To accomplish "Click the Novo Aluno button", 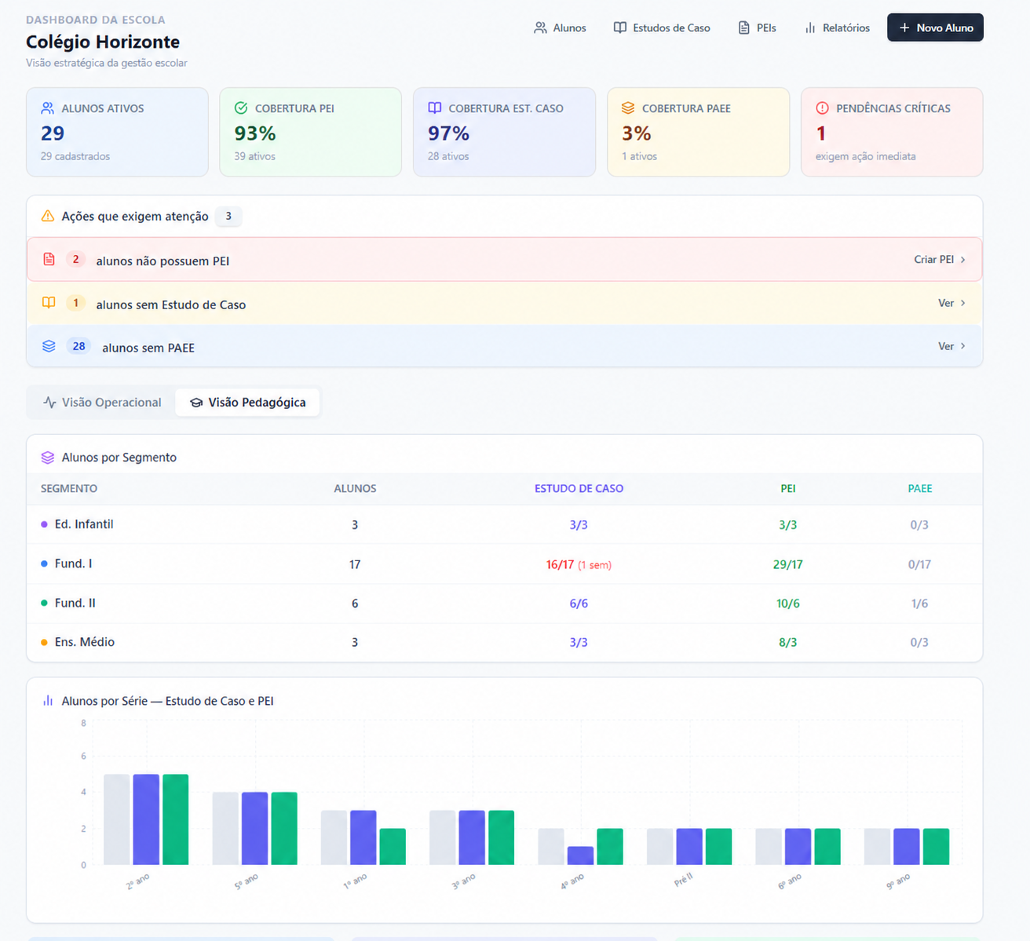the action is (x=935, y=27).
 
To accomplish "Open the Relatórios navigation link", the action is (x=837, y=27).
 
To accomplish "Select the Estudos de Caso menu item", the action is (x=662, y=27).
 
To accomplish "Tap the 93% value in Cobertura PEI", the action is (x=255, y=133).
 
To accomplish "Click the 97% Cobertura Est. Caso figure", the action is (x=449, y=133).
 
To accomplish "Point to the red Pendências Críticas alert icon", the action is (x=822, y=108).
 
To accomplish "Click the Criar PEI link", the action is (x=940, y=259).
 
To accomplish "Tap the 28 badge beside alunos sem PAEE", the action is (x=79, y=346).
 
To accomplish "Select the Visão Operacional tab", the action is (x=101, y=403).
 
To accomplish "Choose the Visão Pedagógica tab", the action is (x=247, y=403).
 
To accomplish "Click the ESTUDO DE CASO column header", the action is (x=579, y=488).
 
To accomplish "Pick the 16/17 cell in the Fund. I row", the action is (x=560, y=565).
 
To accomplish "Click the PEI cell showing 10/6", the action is (x=787, y=604).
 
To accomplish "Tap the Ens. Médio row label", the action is (x=85, y=642).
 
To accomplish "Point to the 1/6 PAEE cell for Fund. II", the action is (x=919, y=604).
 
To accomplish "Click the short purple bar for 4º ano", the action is (x=580, y=855).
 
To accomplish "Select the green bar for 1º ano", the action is (x=393, y=847).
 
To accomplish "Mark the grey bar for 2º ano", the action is (x=116, y=819).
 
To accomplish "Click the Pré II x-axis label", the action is (x=684, y=880).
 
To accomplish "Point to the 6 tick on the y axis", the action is (x=83, y=756).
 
